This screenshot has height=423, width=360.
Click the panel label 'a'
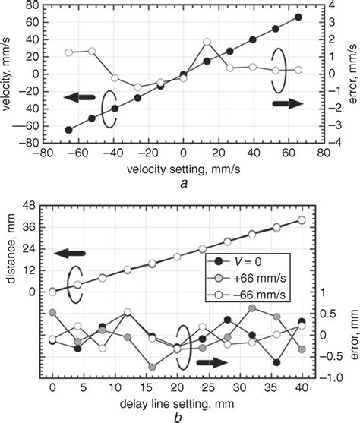(182, 182)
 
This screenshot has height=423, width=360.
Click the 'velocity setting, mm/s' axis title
(182, 166)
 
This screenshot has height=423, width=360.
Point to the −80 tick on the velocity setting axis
(44, 152)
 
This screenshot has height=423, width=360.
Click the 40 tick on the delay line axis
(302, 387)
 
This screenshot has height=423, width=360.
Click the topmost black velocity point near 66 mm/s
(298, 17)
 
